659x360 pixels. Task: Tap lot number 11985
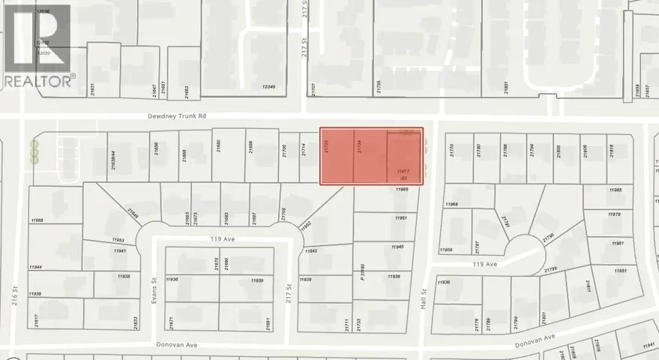point(616,190)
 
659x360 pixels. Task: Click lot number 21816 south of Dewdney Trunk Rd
point(612,150)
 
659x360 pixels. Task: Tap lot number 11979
point(616,214)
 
